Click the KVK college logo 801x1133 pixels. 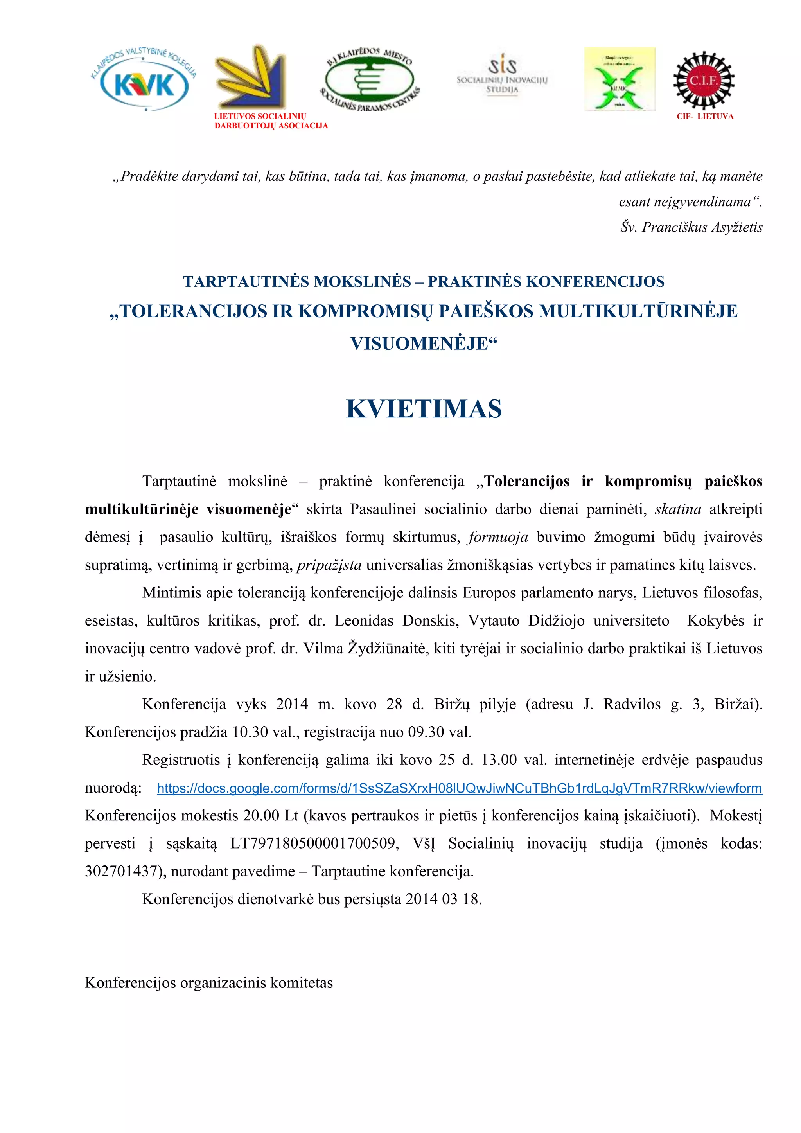click(144, 79)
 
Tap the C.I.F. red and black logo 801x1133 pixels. click(704, 81)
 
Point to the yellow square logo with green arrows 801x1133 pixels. click(620, 79)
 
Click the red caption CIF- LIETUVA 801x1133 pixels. click(705, 117)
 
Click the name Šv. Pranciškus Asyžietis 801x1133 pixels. click(691, 227)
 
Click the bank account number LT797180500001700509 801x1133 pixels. click(314, 844)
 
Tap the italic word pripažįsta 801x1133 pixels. click(329, 565)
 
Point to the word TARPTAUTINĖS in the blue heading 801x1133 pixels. click(247, 282)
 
